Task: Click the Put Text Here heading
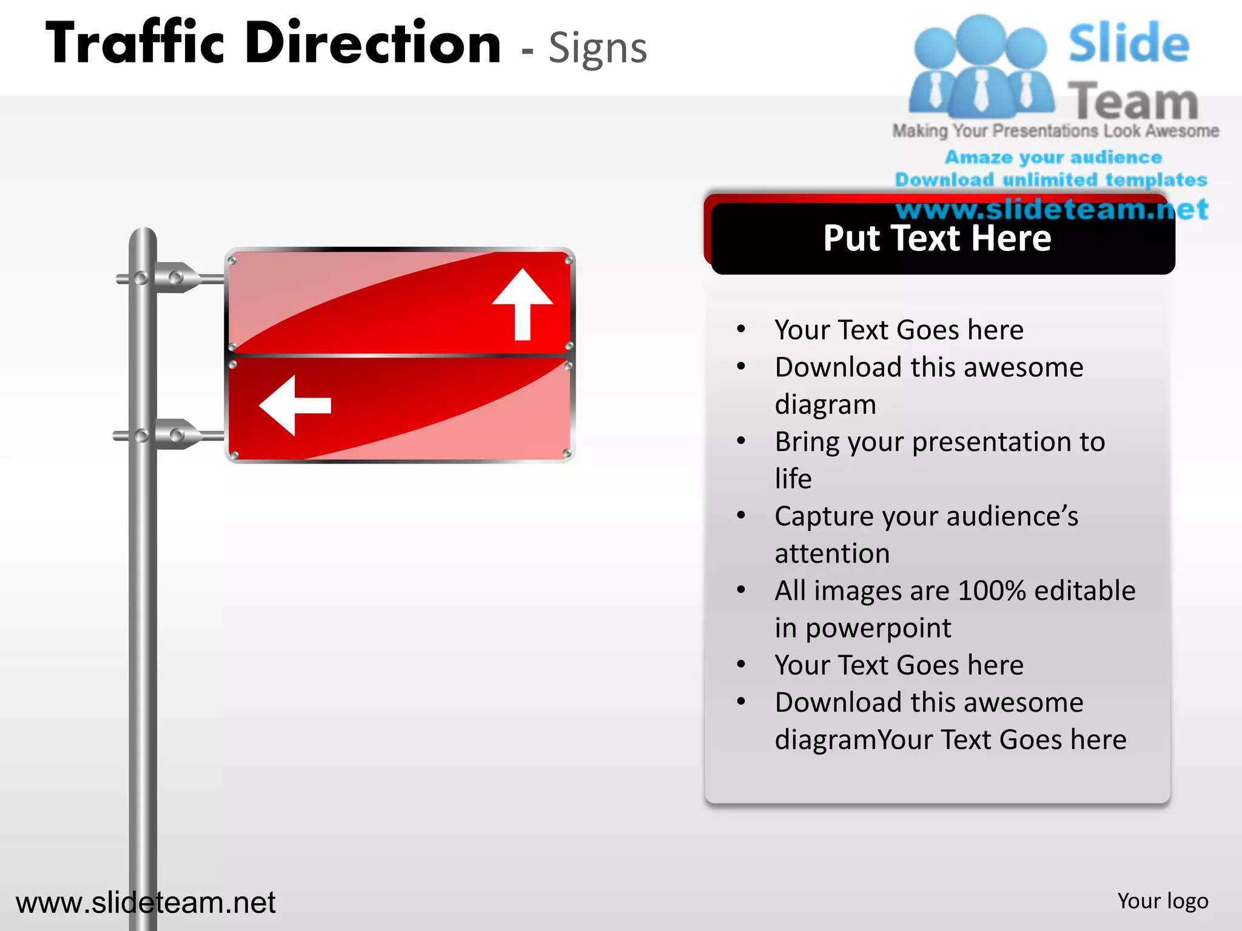pos(937,238)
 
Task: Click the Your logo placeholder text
pos(1163,901)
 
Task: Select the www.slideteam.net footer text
pos(146,903)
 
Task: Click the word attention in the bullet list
pos(832,553)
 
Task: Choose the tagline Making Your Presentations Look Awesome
pos(1055,131)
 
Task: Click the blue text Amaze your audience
pos(1053,157)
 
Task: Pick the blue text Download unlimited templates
pos(1051,179)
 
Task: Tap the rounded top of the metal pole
pos(143,235)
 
